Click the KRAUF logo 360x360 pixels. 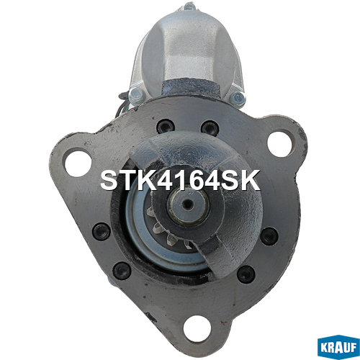(x=338, y=347)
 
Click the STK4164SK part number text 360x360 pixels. (x=180, y=181)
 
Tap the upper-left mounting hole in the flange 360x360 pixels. (x=78, y=163)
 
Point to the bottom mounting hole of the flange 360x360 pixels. (x=197, y=328)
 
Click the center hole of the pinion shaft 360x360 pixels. (x=188, y=204)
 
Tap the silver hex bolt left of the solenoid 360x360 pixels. (x=137, y=95)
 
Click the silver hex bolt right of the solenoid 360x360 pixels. (x=238, y=98)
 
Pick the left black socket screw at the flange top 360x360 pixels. (x=165, y=127)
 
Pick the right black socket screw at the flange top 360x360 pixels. (x=210, y=127)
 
